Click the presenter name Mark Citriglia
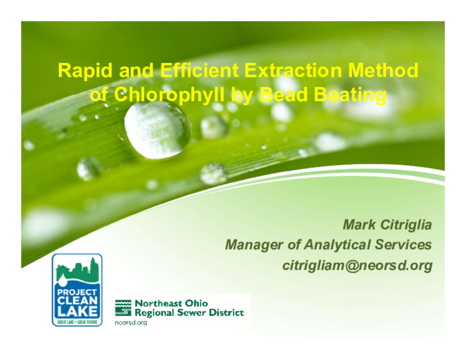(387, 225)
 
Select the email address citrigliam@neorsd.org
(356, 265)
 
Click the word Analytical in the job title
(343, 245)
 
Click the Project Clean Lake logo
(77, 289)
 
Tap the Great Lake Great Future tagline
(77, 320)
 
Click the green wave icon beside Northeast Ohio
(123, 308)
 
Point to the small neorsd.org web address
(130, 322)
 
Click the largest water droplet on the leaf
(157, 128)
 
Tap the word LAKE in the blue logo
(77, 310)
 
